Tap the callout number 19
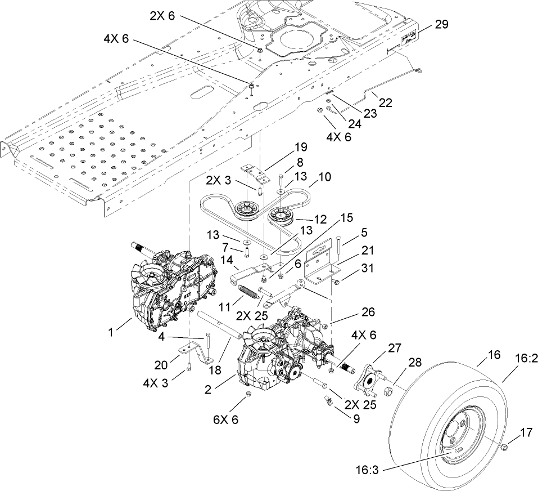301,148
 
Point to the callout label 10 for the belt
325,177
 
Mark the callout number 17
526,433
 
